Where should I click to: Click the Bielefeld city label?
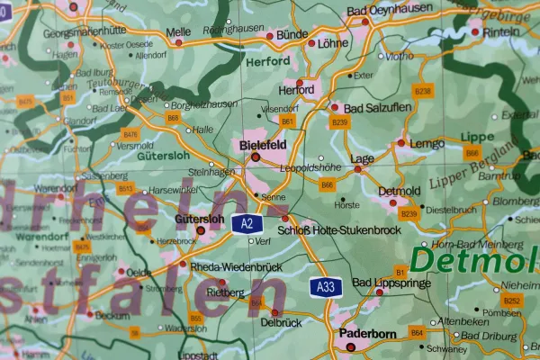pos(263,144)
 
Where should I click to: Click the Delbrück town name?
pos(279,321)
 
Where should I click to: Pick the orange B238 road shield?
pos(422,91)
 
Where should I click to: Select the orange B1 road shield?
pos(401,270)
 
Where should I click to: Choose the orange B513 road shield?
pos(125,188)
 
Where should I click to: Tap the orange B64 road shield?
pos(417,333)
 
